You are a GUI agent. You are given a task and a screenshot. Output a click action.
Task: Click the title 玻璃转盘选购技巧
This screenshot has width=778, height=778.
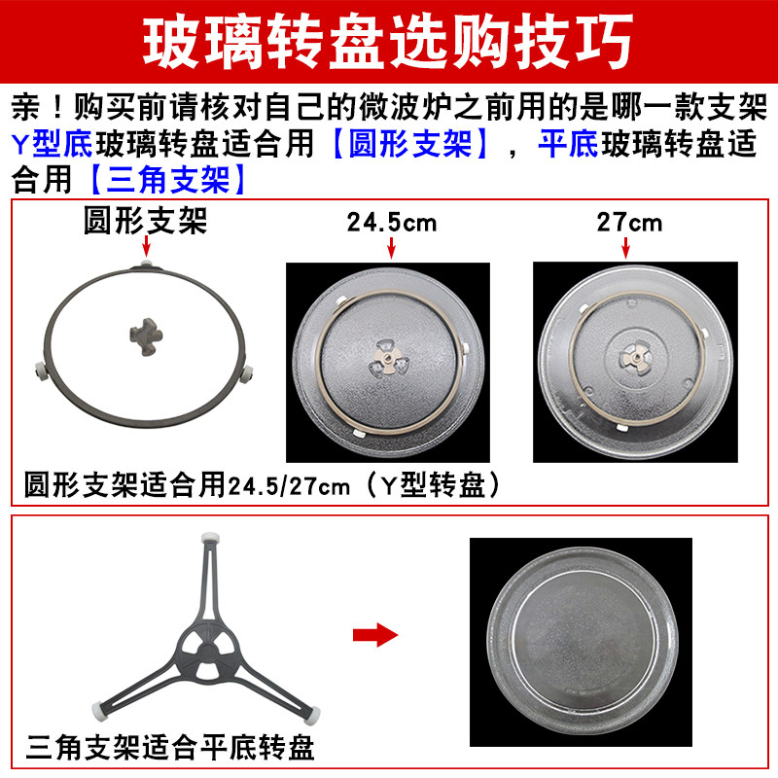pos(389,41)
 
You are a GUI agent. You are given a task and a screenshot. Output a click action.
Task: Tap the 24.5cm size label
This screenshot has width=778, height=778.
pos(392,223)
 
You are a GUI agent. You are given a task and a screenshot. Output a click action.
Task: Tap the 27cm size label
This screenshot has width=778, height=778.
pos(630,223)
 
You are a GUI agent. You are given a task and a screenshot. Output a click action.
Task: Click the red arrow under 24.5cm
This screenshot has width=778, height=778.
pos(392,248)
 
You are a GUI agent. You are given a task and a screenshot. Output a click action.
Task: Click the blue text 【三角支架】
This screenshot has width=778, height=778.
pos(167,180)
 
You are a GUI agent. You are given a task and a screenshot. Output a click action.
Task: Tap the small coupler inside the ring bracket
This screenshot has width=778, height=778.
pos(145,333)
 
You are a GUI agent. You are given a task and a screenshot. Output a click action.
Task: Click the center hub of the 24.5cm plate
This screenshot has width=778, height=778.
pos(388,361)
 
